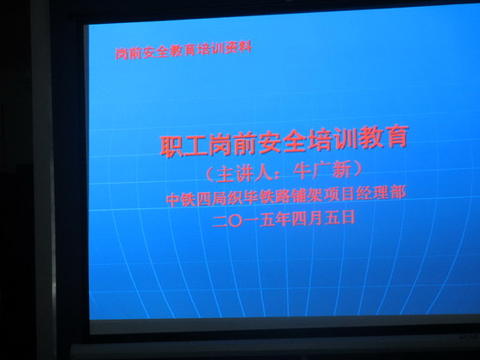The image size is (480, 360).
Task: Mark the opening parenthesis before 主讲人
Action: click(x=209, y=175)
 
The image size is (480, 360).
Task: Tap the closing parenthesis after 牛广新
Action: click(x=357, y=169)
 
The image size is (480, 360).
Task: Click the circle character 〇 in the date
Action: click(x=236, y=221)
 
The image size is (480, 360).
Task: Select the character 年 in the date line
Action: click(x=284, y=219)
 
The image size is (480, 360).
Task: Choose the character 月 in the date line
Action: click(x=315, y=219)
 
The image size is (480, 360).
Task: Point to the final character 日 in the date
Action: click(x=348, y=217)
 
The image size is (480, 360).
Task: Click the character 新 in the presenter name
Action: click(x=341, y=170)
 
